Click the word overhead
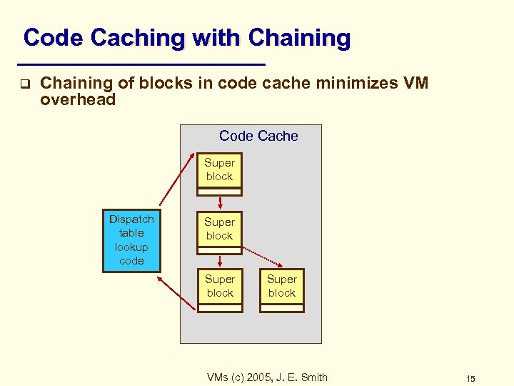coord(78,100)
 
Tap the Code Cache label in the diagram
coord(258,136)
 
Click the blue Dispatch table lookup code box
coord(132,241)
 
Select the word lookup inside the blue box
coord(132,247)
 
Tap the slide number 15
coord(470,378)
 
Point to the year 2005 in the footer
coord(256,377)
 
